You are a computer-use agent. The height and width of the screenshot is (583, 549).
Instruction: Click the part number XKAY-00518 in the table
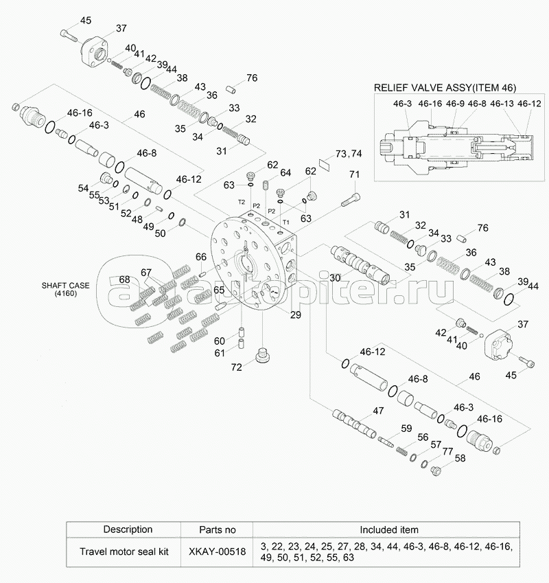217,551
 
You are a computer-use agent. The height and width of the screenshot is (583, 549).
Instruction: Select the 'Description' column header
128,529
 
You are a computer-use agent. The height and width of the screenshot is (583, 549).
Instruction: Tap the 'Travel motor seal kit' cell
124,551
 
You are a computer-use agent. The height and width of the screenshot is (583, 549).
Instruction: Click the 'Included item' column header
389,529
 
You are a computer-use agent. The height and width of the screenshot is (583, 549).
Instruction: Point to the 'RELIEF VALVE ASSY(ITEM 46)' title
445,88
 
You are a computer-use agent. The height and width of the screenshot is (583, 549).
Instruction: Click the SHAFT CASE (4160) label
65,289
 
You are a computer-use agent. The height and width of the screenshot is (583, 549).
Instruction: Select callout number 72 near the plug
236,367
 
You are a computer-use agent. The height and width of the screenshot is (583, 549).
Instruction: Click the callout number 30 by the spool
335,277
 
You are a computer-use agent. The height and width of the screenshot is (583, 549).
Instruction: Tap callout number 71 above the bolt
354,174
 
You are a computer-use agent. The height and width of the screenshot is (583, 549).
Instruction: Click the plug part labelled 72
263,356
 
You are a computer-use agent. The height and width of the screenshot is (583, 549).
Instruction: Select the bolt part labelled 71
350,200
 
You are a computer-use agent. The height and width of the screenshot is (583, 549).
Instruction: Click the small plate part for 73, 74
325,164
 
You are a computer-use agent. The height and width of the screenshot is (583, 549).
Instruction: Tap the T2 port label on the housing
242,202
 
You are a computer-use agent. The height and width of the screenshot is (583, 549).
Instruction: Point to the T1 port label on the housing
286,222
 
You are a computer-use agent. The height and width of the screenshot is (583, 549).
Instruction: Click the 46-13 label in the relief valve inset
502,104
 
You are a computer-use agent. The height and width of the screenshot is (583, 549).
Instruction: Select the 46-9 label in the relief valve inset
455,104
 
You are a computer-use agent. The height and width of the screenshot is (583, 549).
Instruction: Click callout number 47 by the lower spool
378,411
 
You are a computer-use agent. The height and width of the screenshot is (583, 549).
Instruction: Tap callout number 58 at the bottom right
460,459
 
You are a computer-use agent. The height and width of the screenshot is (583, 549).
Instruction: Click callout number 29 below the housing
295,315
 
